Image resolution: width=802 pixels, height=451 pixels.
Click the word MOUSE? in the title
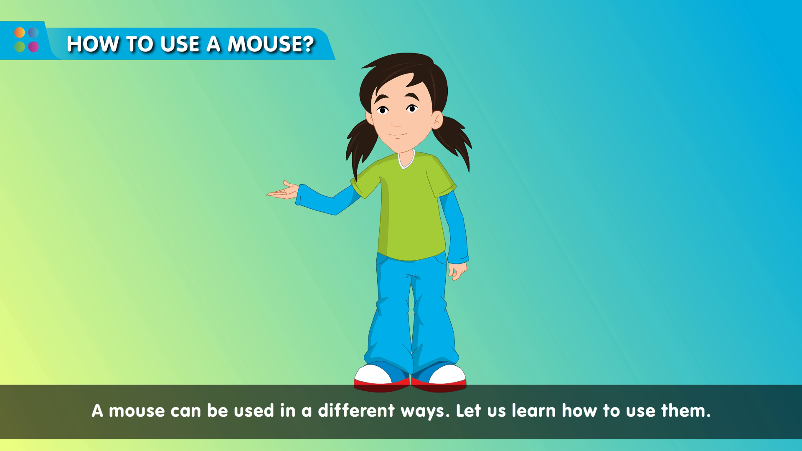tap(271, 44)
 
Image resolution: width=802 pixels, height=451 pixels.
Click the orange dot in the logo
tap(20, 33)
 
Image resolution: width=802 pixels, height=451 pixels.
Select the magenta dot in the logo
tap(33, 46)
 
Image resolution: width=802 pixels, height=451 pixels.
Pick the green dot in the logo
tap(20, 46)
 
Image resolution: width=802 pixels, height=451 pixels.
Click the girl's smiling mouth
tap(398, 136)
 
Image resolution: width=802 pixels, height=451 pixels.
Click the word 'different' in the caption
tap(356, 410)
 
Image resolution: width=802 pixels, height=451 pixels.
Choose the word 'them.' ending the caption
tap(686, 410)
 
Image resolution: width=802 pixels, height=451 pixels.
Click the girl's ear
tap(437, 120)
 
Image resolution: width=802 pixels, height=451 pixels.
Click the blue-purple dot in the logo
tap(33, 33)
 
